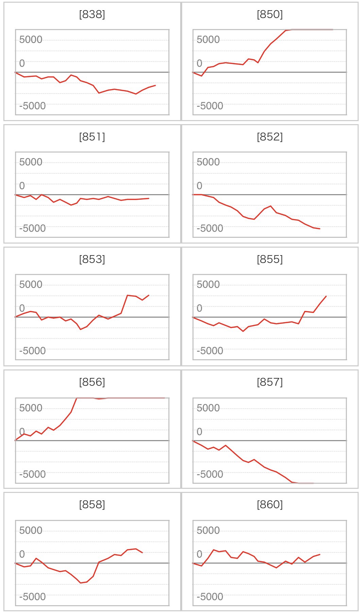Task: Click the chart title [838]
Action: pos(92,14)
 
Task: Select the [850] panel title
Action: pos(270,14)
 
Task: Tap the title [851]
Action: pos(92,137)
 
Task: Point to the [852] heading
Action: pos(270,137)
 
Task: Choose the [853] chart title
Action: pos(92,259)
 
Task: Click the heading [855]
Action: pos(270,259)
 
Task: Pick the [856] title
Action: pos(92,382)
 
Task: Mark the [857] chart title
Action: pos(270,382)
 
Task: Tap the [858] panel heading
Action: pos(92,504)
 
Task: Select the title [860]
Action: pos(270,504)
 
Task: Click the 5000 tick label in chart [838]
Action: pos(31,40)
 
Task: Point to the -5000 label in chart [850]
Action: pos(210,106)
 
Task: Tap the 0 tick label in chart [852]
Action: pos(200,186)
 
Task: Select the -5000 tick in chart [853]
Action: pos(32,351)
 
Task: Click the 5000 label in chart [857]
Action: pos(208,408)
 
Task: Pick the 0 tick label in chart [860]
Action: pos(200,554)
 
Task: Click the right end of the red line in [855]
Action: pos(326,296)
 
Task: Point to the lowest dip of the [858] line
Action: pos(81,583)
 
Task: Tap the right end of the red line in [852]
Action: pos(320,229)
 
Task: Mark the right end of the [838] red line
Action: pos(155,85)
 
